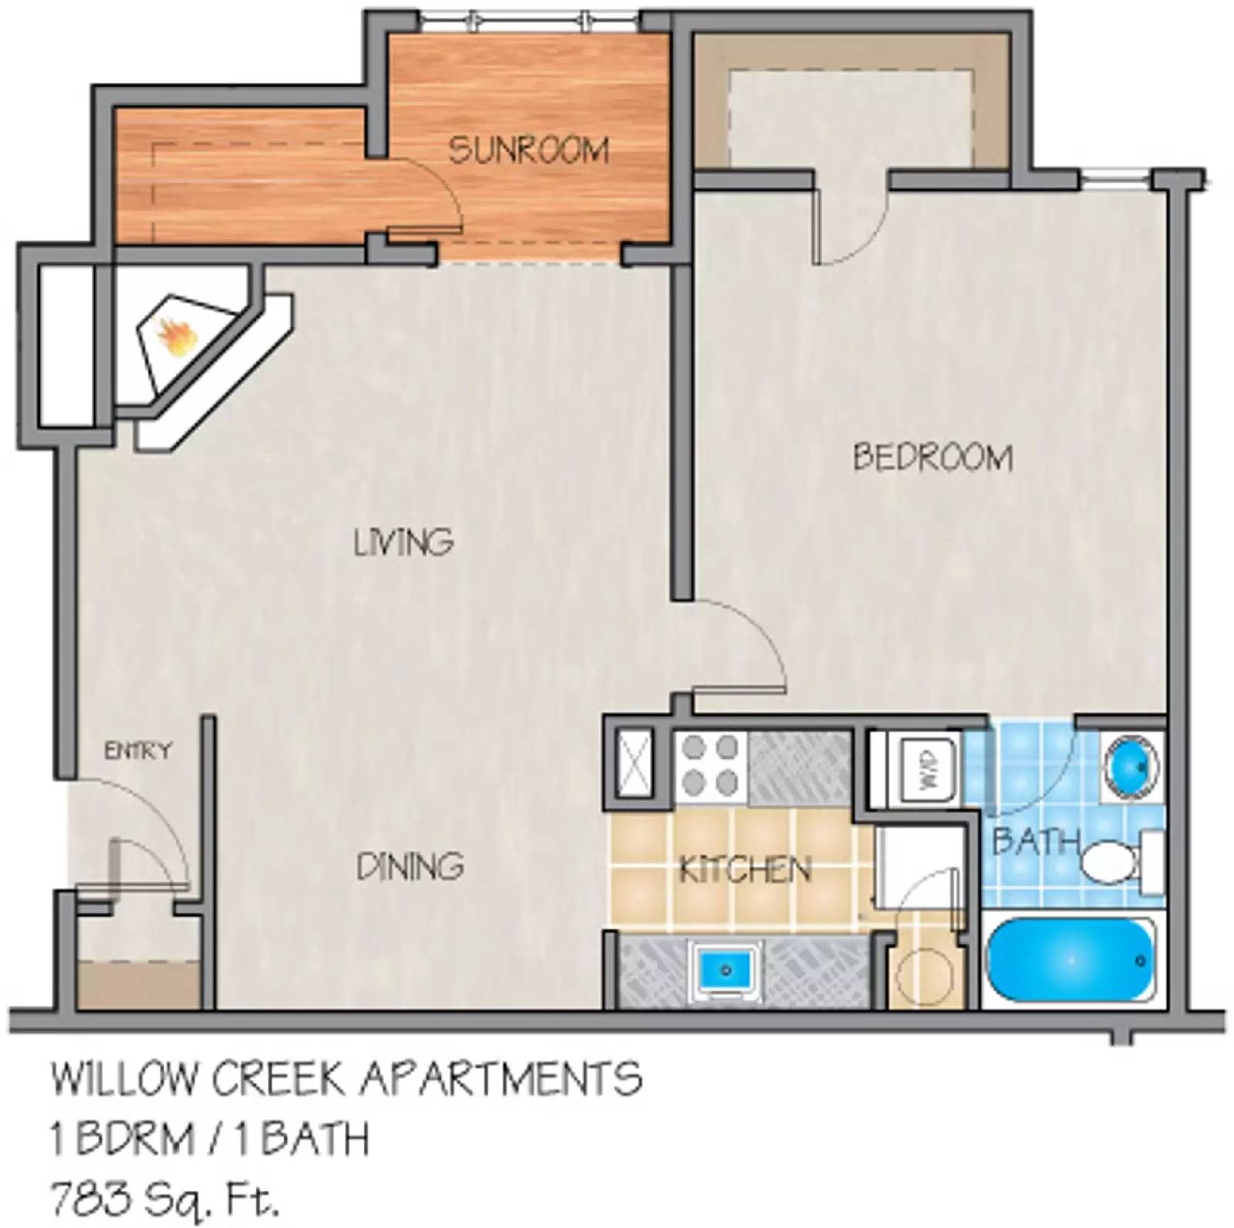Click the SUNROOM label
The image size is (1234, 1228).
528,149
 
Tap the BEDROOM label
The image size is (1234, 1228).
932,457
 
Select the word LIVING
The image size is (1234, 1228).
403,542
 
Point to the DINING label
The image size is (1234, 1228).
410,867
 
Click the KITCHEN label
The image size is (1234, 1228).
745,871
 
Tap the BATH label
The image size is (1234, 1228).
1035,841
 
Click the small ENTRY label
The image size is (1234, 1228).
138,751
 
